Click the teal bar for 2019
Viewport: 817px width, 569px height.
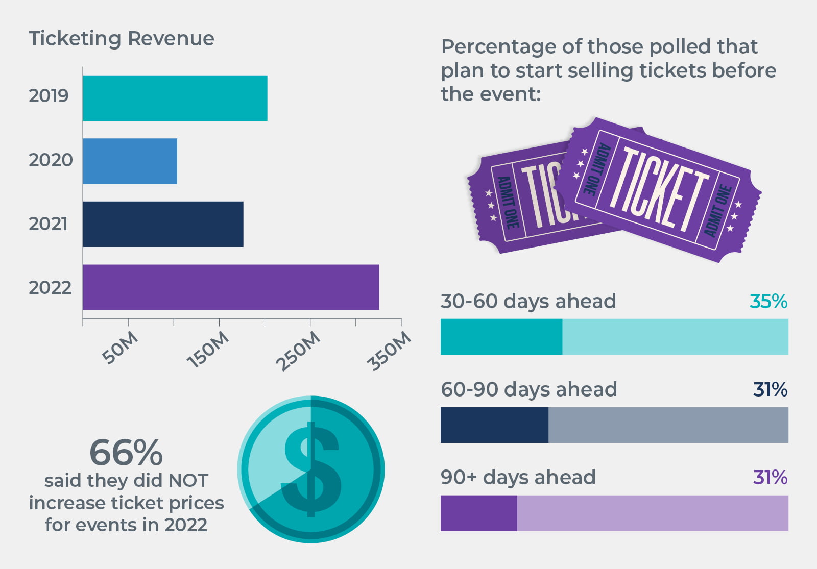(175, 98)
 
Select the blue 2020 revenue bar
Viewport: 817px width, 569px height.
(130, 161)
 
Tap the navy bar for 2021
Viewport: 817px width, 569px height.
(163, 224)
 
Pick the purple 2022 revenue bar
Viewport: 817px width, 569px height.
(231, 287)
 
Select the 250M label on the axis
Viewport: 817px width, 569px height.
(298, 351)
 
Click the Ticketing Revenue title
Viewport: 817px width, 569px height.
(122, 39)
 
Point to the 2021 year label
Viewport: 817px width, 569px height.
(49, 224)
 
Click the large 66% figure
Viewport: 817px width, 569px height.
(126, 453)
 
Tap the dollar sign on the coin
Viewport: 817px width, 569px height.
(311, 469)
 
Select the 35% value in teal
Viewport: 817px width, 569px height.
(768, 302)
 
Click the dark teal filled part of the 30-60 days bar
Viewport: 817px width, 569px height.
(501, 337)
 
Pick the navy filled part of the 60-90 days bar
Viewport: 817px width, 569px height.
(494, 425)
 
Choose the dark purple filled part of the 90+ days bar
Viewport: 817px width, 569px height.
(478, 513)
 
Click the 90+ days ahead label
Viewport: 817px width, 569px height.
(518, 478)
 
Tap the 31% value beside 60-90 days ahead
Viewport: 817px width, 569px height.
(770, 390)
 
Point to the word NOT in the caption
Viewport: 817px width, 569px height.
(188, 481)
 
